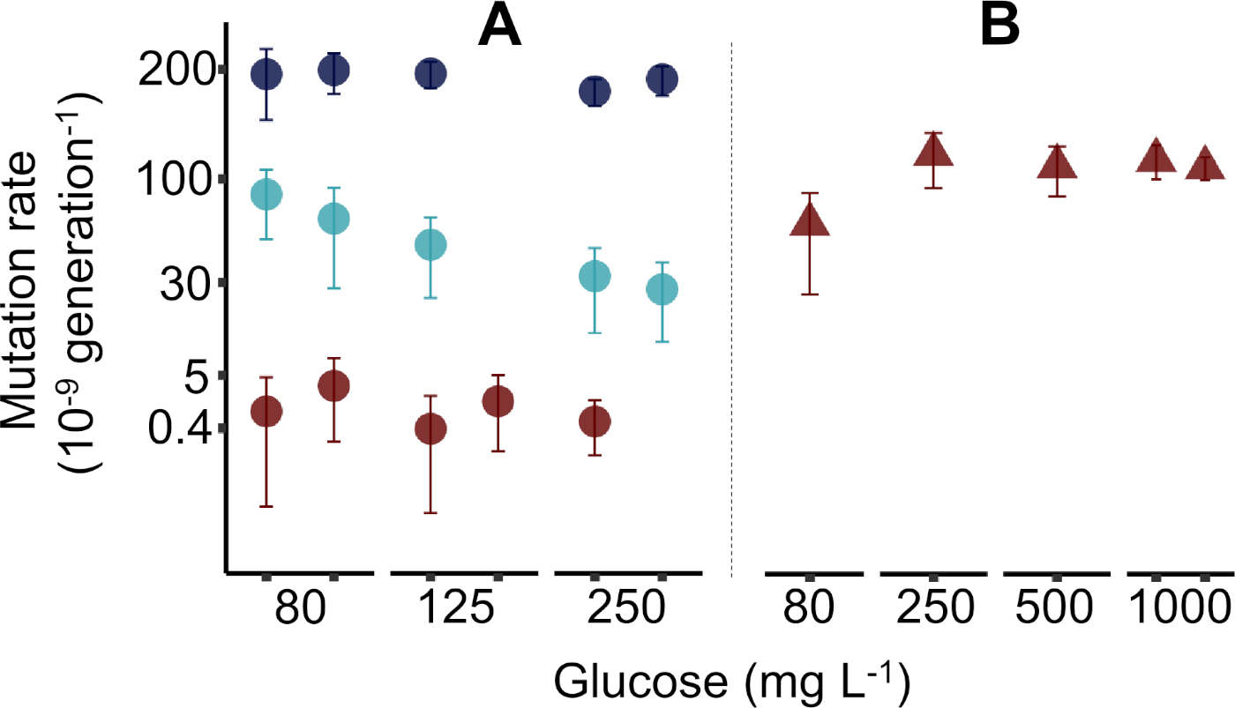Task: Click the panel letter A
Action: point(500,28)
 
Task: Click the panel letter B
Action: point(1001,28)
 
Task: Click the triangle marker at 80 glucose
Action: point(810,220)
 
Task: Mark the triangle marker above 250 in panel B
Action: point(934,152)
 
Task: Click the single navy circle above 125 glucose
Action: point(430,73)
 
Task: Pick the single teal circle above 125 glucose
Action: point(430,244)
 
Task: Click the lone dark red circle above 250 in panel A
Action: point(595,421)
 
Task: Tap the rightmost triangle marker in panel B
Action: point(1205,166)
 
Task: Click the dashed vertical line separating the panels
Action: point(732,309)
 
